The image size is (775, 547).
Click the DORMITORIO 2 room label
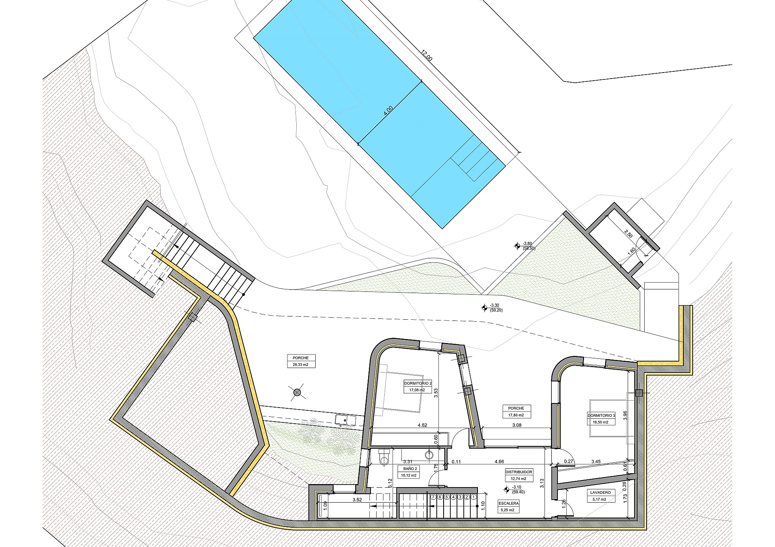tap(418, 383)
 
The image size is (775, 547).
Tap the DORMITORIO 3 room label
tap(601, 415)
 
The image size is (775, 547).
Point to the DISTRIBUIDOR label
tap(519, 472)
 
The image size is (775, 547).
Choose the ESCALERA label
tap(509, 503)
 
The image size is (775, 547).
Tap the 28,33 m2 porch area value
tap(301, 364)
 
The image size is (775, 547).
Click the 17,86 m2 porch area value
tap(516, 415)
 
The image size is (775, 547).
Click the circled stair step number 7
tap(434, 497)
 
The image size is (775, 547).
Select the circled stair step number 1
tap(473, 497)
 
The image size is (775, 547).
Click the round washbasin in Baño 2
tap(429, 455)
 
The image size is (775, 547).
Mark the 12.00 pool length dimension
tap(427, 56)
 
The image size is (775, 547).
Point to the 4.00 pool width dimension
tap(388, 111)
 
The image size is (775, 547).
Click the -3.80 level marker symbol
tap(517, 245)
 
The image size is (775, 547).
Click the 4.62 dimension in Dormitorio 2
tap(422, 425)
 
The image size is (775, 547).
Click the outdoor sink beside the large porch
tap(345, 420)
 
